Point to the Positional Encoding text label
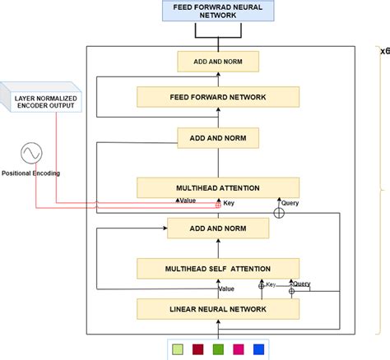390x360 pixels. click(x=31, y=173)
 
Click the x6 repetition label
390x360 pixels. click(x=384, y=51)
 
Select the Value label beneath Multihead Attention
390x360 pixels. click(x=188, y=201)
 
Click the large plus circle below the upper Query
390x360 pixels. click(x=278, y=213)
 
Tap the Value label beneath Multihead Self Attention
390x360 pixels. click(x=225, y=288)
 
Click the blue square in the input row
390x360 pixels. click(x=259, y=348)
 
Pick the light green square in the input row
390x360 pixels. click(x=177, y=348)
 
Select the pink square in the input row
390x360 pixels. click(x=239, y=348)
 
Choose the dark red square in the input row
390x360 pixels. click(x=197, y=348)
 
